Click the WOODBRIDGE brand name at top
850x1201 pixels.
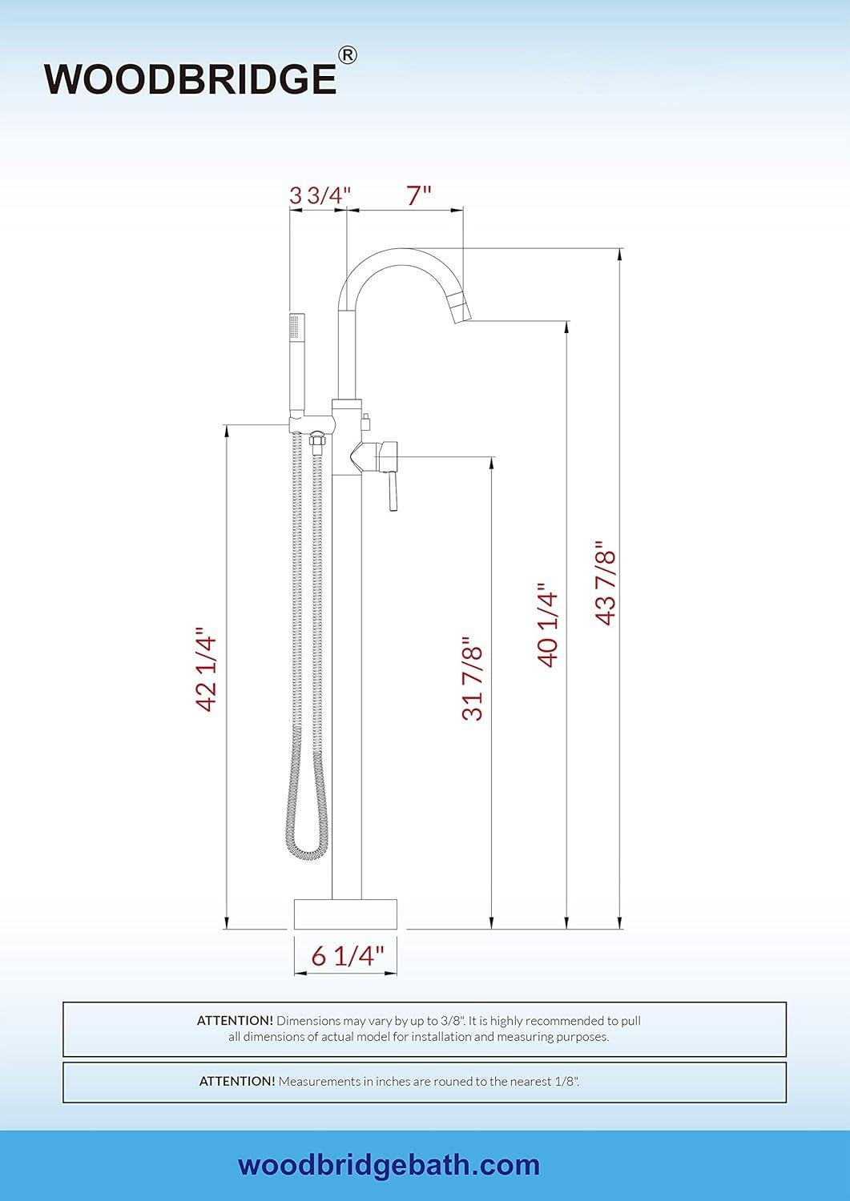[190, 78]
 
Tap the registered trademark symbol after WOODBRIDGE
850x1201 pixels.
[348, 55]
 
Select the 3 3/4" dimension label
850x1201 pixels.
[320, 195]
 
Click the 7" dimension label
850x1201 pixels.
[418, 195]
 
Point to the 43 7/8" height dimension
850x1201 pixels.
[606, 584]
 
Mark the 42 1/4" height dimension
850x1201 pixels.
[207, 670]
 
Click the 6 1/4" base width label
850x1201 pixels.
[348, 955]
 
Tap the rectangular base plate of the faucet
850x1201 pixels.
[346, 914]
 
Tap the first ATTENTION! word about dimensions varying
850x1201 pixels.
[235, 1021]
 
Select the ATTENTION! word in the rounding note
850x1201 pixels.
[237, 1081]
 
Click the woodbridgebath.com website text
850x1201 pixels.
[389, 1165]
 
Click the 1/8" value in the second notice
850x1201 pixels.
[565, 1081]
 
